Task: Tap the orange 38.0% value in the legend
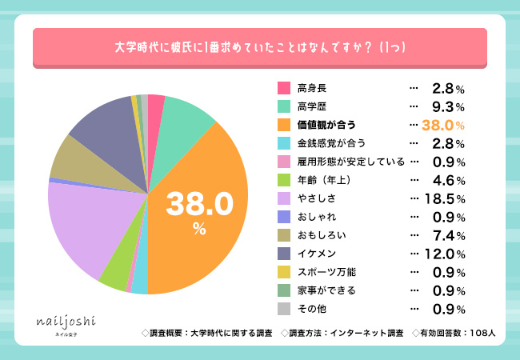[x=443, y=124]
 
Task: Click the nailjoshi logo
[x=66, y=322]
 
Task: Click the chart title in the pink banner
[x=260, y=47]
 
